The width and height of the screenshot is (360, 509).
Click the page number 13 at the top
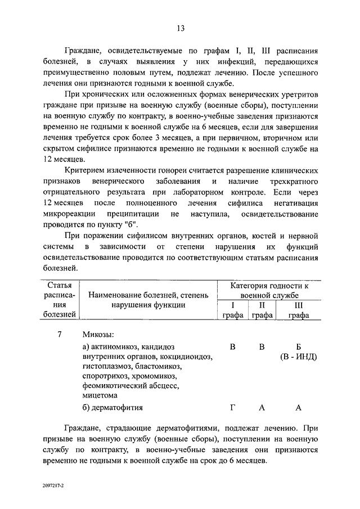click(x=180, y=29)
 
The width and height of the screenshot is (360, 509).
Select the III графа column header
click(x=299, y=310)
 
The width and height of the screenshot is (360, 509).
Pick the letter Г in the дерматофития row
click(x=232, y=407)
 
